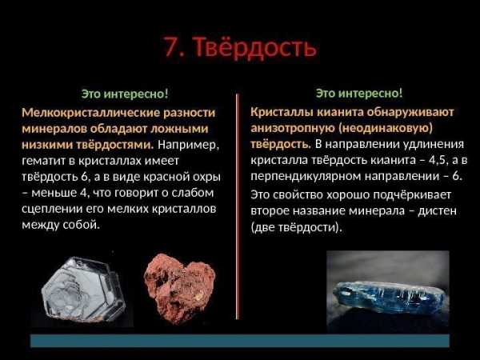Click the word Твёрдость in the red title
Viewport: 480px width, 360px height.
pyautogui.click(x=255, y=47)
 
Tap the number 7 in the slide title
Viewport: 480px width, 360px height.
pyautogui.click(x=172, y=47)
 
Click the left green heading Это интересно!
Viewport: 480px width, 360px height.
pyautogui.click(x=125, y=94)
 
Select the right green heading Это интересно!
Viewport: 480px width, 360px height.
pyautogui.click(x=359, y=93)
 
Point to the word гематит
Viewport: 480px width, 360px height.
pyautogui.click(x=44, y=161)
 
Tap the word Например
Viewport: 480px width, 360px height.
pyautogui.click(x=189, y=145)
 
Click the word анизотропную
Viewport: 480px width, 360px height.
pyautogui.click(x=293, y=128)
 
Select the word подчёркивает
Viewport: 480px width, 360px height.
pyautogui.click(x=412, y=195)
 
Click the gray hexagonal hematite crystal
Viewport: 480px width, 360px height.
pyautogui.click(x=83, y=290)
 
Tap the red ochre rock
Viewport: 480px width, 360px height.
pyautogui.click(x=179, y=288)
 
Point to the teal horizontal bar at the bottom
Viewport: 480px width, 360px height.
pyautogui.click(x=240, y=341)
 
